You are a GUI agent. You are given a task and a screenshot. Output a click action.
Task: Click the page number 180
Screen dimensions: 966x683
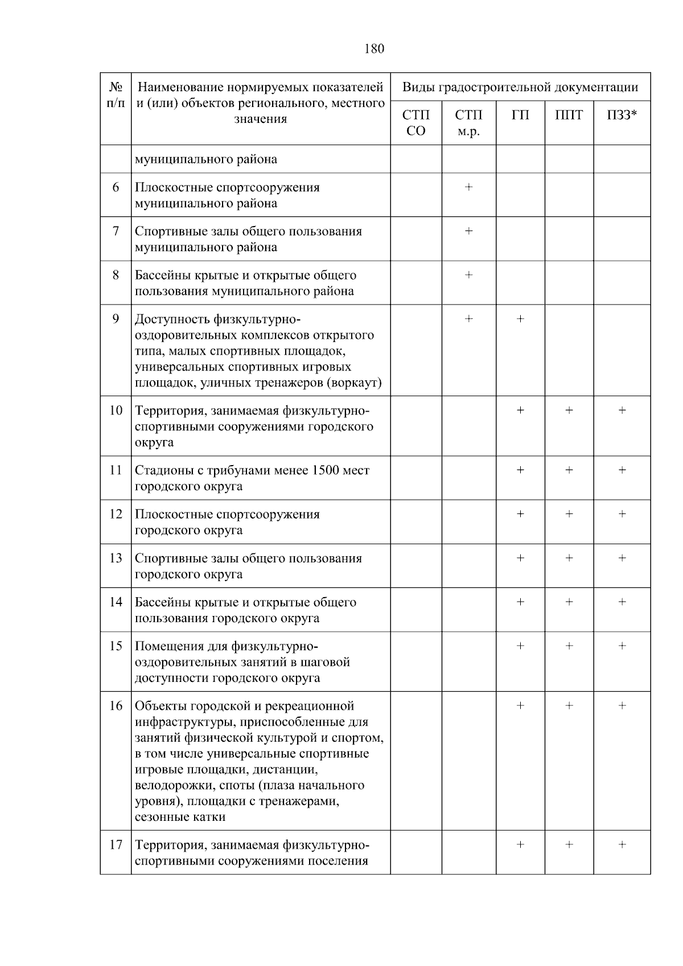(374, 48)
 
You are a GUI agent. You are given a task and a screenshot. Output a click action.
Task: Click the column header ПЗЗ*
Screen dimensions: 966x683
(622, 116)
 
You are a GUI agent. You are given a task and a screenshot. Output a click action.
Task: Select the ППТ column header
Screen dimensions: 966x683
(569, 116)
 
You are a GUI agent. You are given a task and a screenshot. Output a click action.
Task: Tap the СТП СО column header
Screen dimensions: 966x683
(415, 123)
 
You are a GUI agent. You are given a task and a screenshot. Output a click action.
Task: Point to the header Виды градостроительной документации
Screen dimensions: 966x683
(520, 88)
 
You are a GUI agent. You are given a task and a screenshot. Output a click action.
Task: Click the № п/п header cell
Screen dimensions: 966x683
(116, 95)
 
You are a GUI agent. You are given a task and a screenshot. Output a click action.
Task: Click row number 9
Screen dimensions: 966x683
(116, 319)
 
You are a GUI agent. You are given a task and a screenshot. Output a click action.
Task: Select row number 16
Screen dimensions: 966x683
(116, 706)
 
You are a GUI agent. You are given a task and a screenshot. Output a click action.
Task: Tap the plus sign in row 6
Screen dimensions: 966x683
(468, 187)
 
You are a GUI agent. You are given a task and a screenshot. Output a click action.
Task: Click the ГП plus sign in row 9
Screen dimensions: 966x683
(520, 319)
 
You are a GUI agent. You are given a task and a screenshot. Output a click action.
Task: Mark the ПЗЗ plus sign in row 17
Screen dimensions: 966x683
(622, 845)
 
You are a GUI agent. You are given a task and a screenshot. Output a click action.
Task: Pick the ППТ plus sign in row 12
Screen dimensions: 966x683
(569, 514)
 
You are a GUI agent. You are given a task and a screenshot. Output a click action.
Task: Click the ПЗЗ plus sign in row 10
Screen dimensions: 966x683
(622, 410)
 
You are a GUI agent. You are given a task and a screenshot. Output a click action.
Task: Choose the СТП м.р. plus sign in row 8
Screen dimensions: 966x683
(468, 275)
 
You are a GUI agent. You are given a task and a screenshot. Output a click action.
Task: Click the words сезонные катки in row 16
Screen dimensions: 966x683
(180, 817)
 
